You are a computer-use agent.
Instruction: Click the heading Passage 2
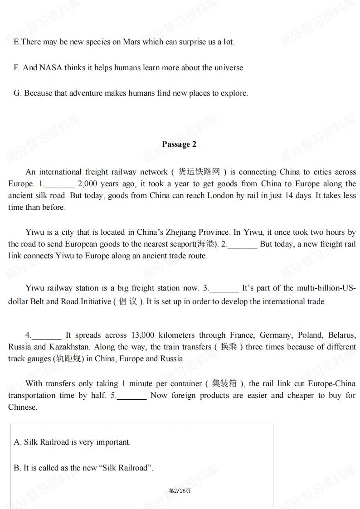(x=179, y=144)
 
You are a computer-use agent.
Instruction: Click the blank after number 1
(x=59, y=184)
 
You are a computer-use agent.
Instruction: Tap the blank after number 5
(x=131, y=396)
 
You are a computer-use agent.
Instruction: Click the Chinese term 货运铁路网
(x=199, y=172)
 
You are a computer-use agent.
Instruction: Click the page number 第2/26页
(x=180, y=491)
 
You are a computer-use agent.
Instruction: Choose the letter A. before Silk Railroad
(x=18, y=442)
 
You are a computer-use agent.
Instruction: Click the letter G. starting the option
(x=18, y=93)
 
